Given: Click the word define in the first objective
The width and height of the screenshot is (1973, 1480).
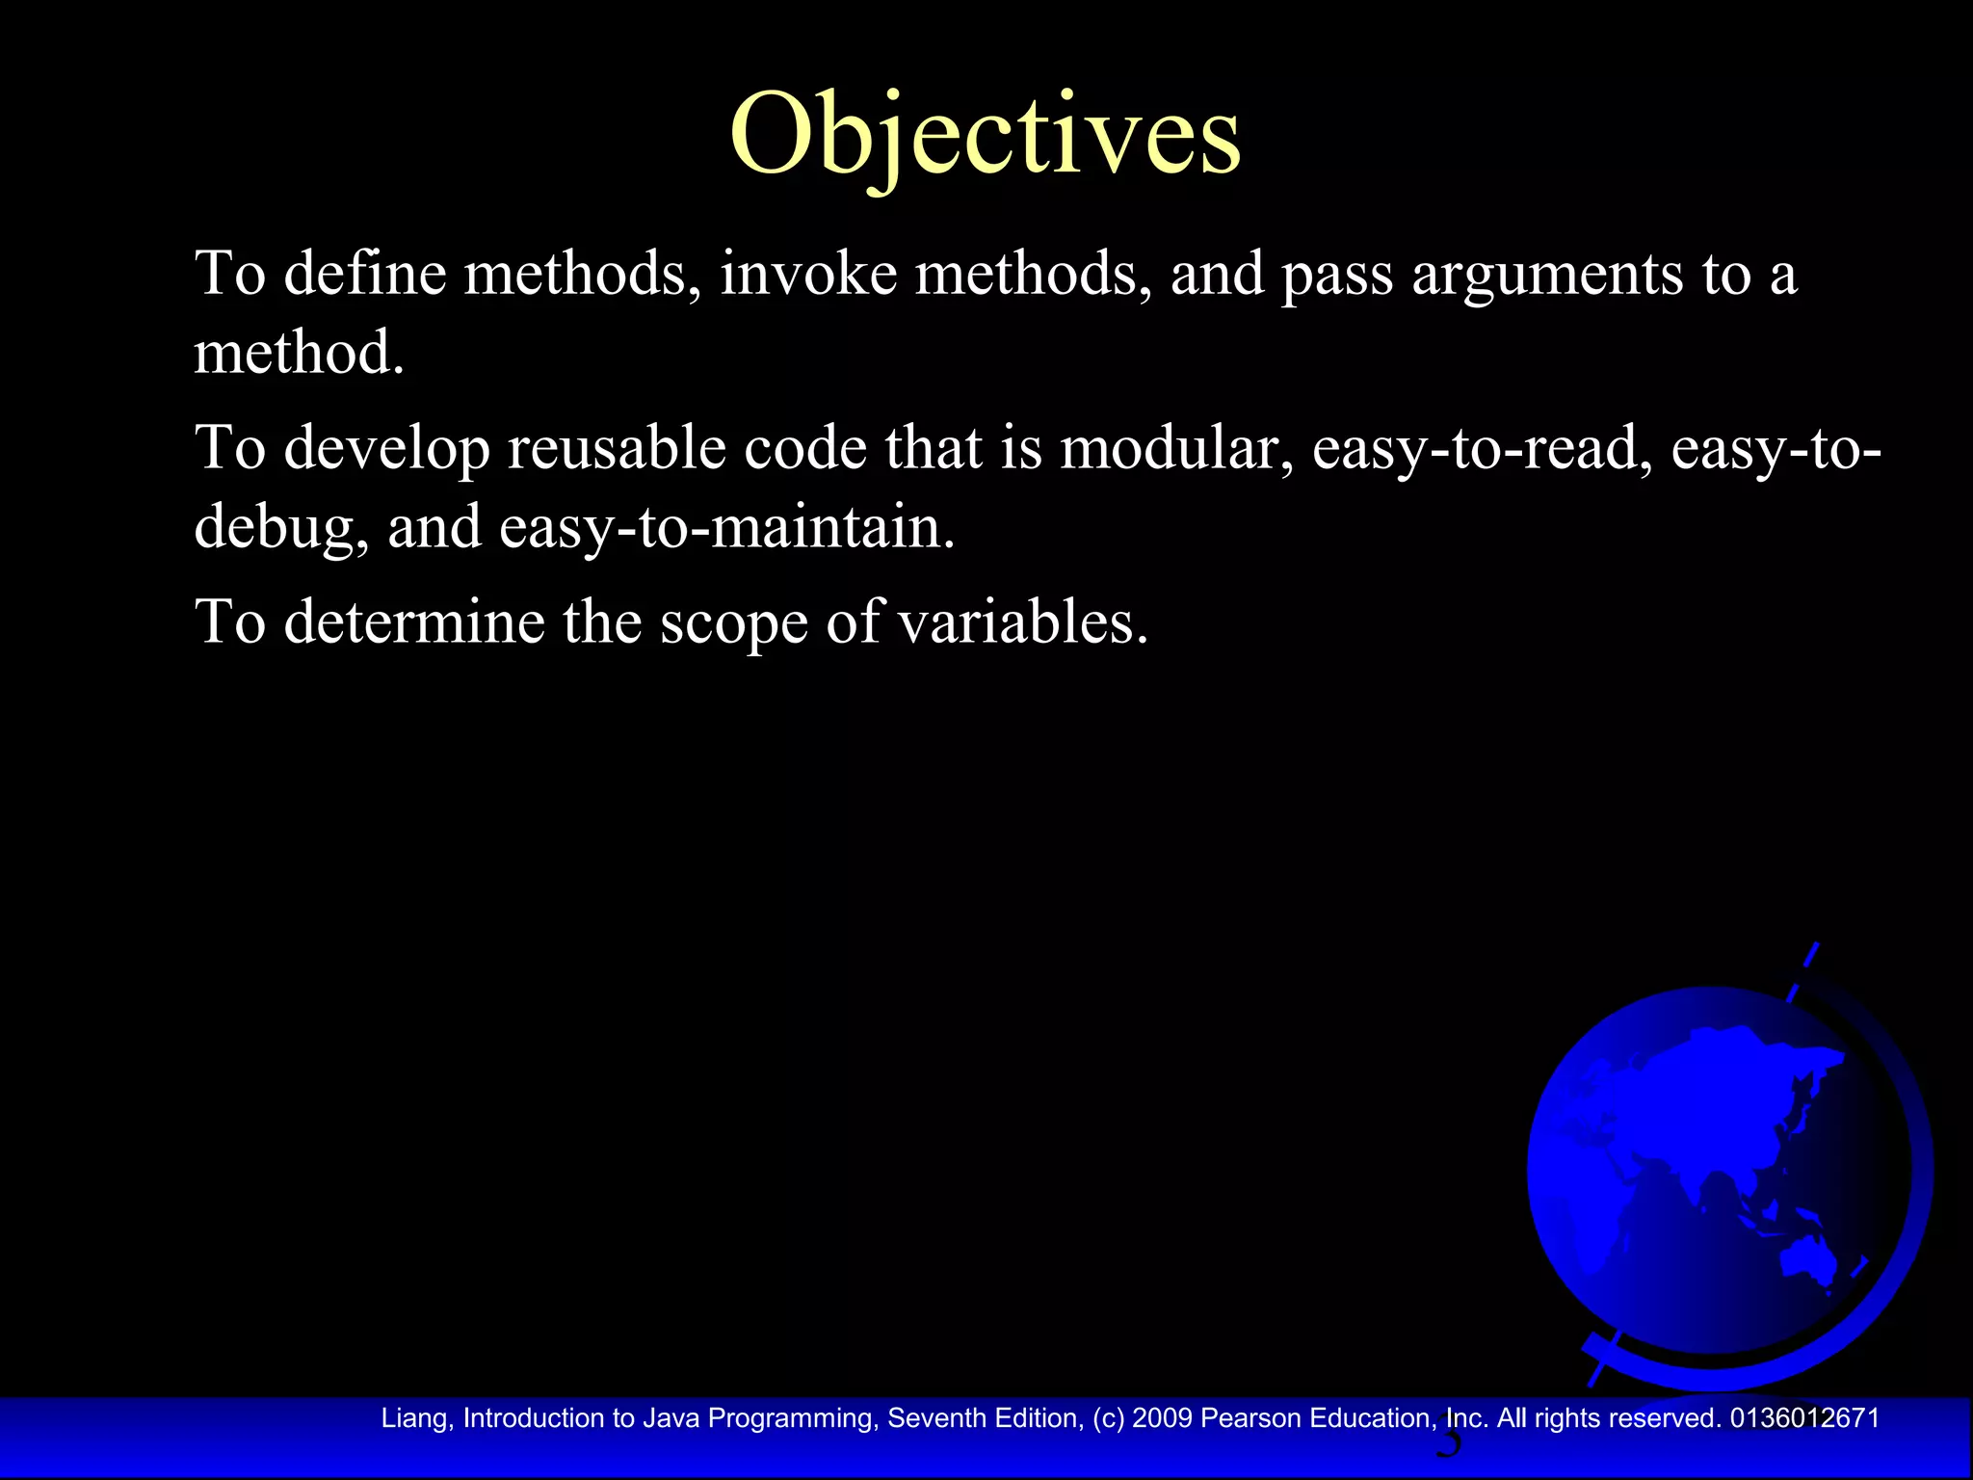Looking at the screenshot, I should click(x=365, y=274).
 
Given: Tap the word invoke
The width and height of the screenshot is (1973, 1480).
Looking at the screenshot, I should click(x=808, y=274).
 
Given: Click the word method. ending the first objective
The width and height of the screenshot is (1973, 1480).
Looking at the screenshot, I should click(x=299, y=353).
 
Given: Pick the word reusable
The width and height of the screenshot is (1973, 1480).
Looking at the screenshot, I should click(x=617, y=449).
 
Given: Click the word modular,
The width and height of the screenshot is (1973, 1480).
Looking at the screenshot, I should click(x=1176, y=449).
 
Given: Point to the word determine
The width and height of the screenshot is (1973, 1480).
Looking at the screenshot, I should click(x=414, y=621).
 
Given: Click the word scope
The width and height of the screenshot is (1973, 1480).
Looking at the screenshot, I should click(x=733, y=623).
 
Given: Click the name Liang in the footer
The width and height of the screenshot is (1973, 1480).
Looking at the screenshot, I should click(x=416, y=1418).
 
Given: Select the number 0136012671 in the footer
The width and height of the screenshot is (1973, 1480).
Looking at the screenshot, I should click(x=1804, y=1418).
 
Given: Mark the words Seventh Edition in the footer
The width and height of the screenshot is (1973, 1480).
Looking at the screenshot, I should click(x=984, y=1418).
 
